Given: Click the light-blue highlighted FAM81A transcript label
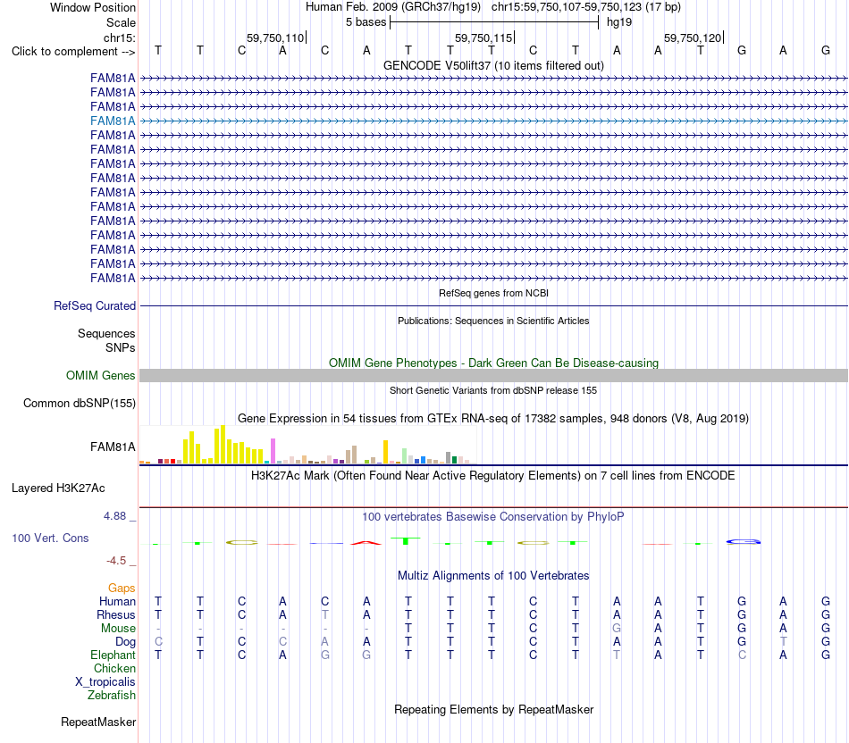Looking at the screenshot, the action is pos(113,121).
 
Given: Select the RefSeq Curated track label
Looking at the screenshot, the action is pos(95,305).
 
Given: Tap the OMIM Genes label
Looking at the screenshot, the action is pos(101,376).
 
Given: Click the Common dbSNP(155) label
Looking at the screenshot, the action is pos(80,403).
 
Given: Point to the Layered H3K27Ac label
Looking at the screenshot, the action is pos(58,488).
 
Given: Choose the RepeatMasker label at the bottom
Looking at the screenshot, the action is pos(98,722).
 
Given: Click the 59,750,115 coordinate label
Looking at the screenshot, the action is pos(483,38).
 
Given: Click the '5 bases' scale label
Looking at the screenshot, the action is pos(366,22).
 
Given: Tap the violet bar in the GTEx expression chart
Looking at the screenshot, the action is pos(273,451).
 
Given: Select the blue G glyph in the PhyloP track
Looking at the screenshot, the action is pos(744,542).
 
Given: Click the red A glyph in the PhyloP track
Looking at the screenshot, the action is pos(366,542).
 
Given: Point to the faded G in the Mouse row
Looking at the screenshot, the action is pos(617,629).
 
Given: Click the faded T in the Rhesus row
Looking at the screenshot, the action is pos(325,614).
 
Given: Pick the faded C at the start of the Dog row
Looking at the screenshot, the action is pos(159,642).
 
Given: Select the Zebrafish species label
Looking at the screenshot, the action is pos(112,696).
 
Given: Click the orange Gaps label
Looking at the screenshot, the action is pos(122,589).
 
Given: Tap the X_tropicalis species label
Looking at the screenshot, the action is pos(105,682).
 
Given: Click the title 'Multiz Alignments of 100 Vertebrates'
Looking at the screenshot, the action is pos(493,575).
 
